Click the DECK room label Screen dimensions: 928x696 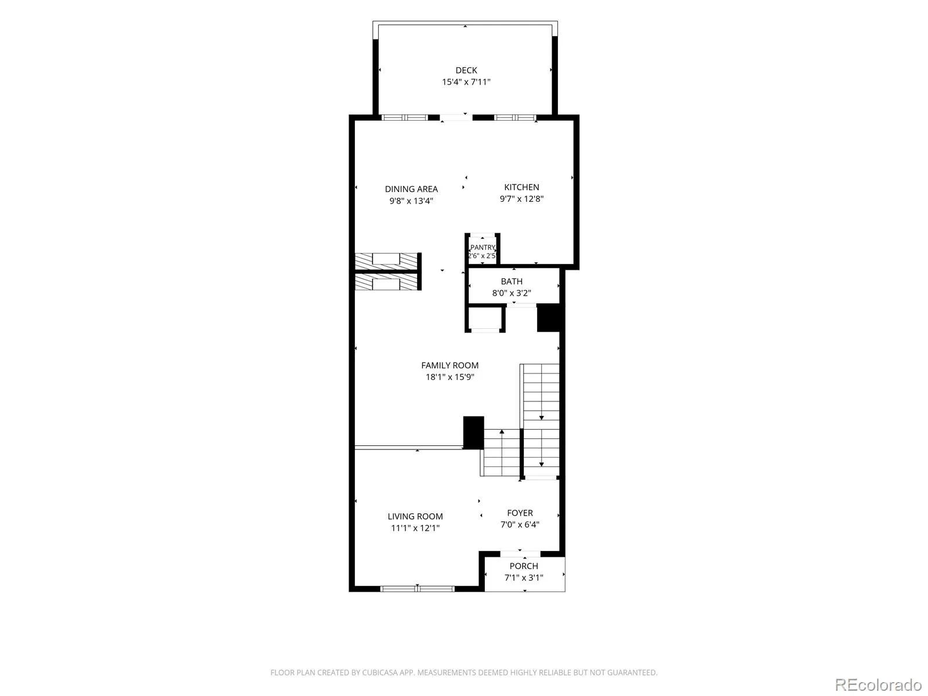click(x=466, y=70)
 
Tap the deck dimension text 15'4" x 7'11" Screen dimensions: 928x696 click(x=466, y=82)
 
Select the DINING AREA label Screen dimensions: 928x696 click(x=411, y=189)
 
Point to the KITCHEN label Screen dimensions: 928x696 click(x=521, y=187)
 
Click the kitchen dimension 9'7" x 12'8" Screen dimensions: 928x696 click(x=521, y=198)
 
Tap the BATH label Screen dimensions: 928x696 click(x=512, y=281)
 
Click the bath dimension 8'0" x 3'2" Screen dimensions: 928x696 click(x=512, y=293)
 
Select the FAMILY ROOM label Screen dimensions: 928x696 click(x=450, y=365)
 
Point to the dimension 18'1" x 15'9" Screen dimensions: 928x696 click(x=450, y=377)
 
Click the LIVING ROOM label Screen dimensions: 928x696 click(x=415, y=516)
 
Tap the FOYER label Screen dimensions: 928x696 click(x=520, y=513)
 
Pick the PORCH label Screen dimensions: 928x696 click(x=524, y=566)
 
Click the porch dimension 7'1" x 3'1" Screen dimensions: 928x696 click(x=524, y=578)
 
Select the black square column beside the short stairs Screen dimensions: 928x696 click(x=473, y=433)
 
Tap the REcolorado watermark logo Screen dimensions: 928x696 click(x=879, y=684)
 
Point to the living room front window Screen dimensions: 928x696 click(x=417, y=589)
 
